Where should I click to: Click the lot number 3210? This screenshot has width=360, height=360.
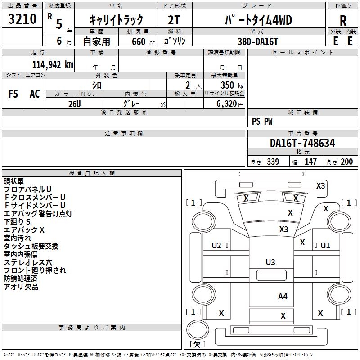(22, 19)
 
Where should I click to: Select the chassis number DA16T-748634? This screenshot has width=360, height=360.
(302, 143)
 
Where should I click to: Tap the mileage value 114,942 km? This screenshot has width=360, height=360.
(52, 64)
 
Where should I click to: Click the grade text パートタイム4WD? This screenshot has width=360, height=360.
(258, 19)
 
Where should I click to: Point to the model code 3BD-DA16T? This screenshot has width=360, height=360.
(258, 40)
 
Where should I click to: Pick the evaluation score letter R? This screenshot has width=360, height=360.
(343, 20)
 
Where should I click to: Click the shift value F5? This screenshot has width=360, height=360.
(13, 94)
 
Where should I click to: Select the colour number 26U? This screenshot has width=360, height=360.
(74, 103)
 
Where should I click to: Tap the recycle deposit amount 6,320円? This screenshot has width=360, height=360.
(229, 103)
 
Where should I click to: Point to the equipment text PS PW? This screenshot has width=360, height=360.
(262, 121)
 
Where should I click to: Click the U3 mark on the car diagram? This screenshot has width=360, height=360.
(270, 262)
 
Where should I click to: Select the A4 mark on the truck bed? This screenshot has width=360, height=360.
(283, 296)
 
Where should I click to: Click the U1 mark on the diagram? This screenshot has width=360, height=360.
(325, 246)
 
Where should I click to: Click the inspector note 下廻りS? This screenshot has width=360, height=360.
(17, 222)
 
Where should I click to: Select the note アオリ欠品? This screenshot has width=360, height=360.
(21, 287)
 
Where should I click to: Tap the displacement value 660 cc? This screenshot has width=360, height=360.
(138, 41)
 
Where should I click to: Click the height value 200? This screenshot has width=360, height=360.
(346, 162)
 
